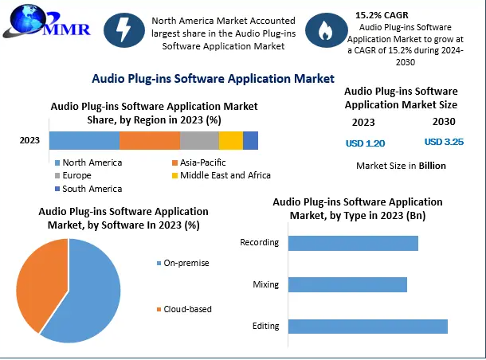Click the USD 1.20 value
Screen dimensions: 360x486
[365, 143]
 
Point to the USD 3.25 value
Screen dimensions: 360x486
[444, 142]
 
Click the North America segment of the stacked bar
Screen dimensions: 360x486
[84, 140]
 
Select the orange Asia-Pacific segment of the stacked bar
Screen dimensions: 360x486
[150, 140]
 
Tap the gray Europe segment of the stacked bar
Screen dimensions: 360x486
[199, 140]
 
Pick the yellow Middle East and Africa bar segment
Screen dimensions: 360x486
[230, 140]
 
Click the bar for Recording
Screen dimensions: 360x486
[353, 243]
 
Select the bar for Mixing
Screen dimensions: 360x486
[347, 284]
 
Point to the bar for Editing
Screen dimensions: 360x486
[367, 326]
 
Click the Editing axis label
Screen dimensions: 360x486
[265, 326]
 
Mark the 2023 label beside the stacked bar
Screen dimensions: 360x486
[29, 141]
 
